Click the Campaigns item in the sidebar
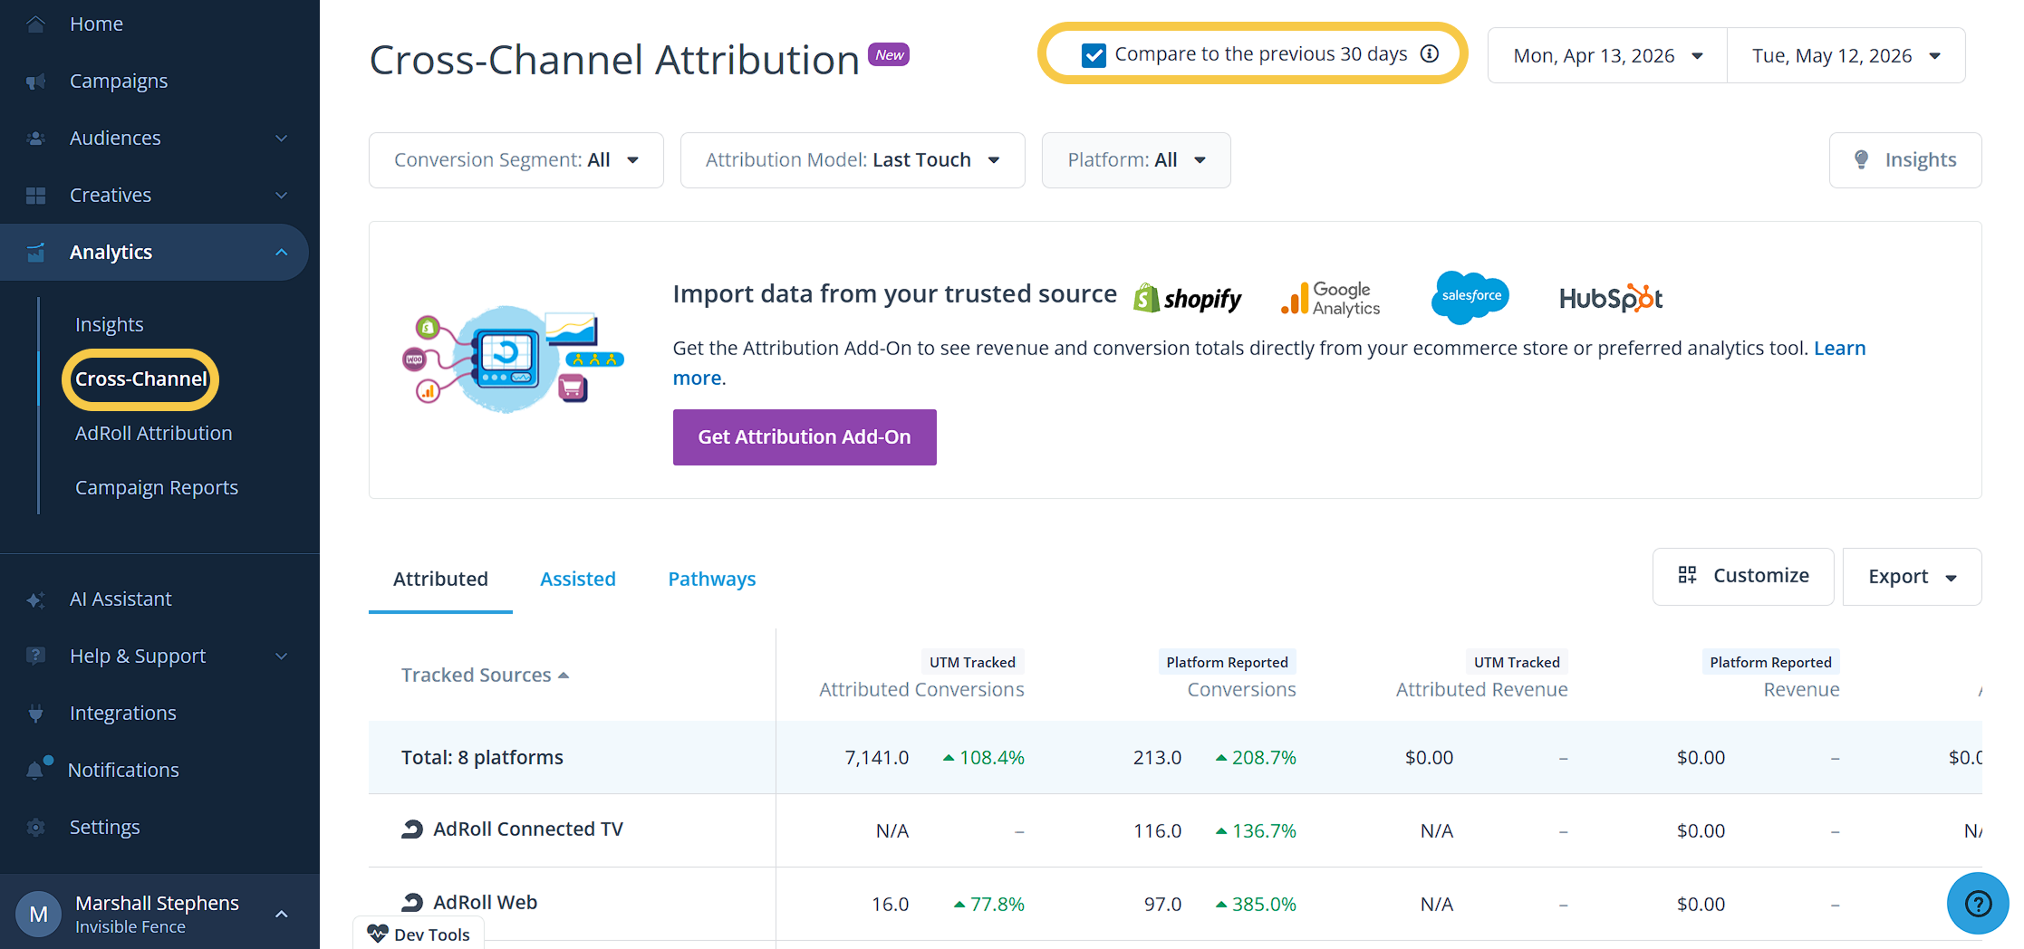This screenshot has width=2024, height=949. click(118, 81)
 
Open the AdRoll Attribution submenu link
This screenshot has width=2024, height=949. click(153, 433)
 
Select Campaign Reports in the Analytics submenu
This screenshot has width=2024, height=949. click(156, 487)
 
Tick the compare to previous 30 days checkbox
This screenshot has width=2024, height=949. click(1094, 55)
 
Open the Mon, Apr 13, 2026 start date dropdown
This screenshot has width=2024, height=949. click(1607, 55)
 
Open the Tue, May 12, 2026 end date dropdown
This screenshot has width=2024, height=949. click(1846, 55)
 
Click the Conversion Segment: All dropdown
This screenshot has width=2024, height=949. click(516, 160)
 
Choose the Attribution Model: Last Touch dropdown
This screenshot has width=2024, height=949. click(852, 160)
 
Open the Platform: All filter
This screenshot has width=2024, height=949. click(1135, 160)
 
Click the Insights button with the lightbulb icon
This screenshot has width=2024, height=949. click(1904, 160)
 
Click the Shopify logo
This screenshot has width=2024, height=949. click(1187, 298)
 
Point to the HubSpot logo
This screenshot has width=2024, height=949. click(1611, 298)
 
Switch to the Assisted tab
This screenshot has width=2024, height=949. click(577, 579)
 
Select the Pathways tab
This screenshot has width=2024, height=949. click(711, 579)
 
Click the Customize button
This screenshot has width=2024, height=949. click(1742, 576)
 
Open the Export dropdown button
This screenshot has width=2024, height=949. click(1912, 576)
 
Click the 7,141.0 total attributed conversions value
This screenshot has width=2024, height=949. click(876, 758)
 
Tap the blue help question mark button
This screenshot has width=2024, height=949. click(1978, 903)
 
